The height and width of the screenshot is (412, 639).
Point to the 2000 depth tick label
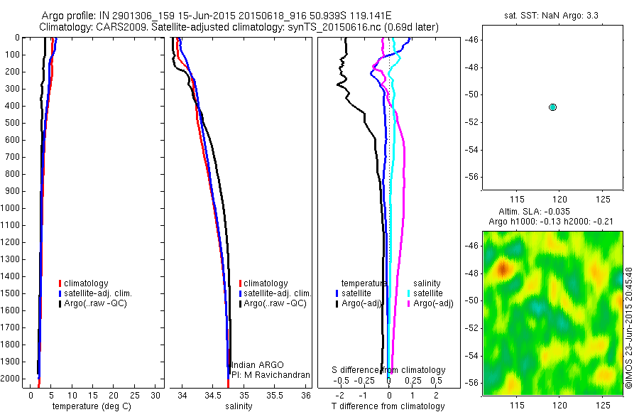[x=13, y=379]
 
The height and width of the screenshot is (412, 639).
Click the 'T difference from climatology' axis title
[x=388, y=406]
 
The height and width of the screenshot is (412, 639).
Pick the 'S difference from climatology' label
[x=388, y=370]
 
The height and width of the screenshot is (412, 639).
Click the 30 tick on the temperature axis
[x=157, y=395]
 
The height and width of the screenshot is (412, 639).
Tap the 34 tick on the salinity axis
[x=182, y=395]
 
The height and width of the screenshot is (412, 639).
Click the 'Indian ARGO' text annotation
[x=257, y=364]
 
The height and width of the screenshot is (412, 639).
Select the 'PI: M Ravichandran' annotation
[x=271, y=374]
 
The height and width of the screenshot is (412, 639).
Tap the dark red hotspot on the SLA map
[x=503, y=269]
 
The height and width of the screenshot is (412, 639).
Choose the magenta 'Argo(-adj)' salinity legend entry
[x=433, y=303]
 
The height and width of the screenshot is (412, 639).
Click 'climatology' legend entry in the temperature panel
[x=89, y=283]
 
